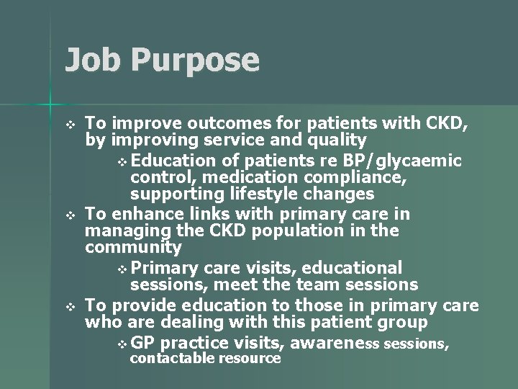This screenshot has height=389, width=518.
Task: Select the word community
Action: (133, 249)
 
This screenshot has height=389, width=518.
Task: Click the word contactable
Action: (173, 358)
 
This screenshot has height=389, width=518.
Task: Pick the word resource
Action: (251, 358)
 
